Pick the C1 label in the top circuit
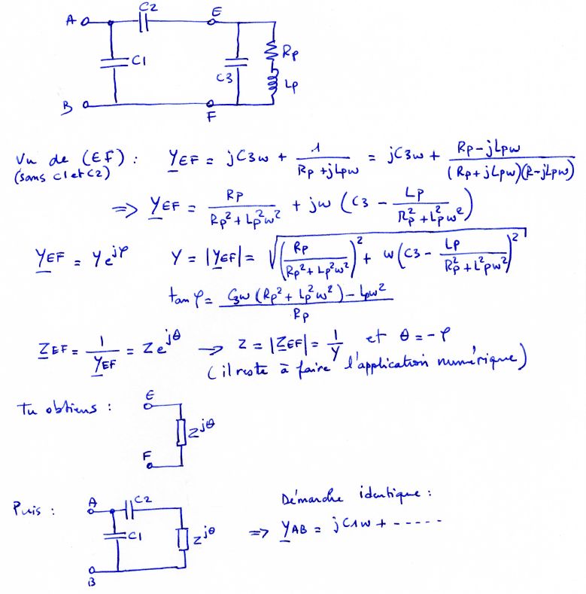pos(138,63)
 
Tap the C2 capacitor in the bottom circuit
pos(129,511)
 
